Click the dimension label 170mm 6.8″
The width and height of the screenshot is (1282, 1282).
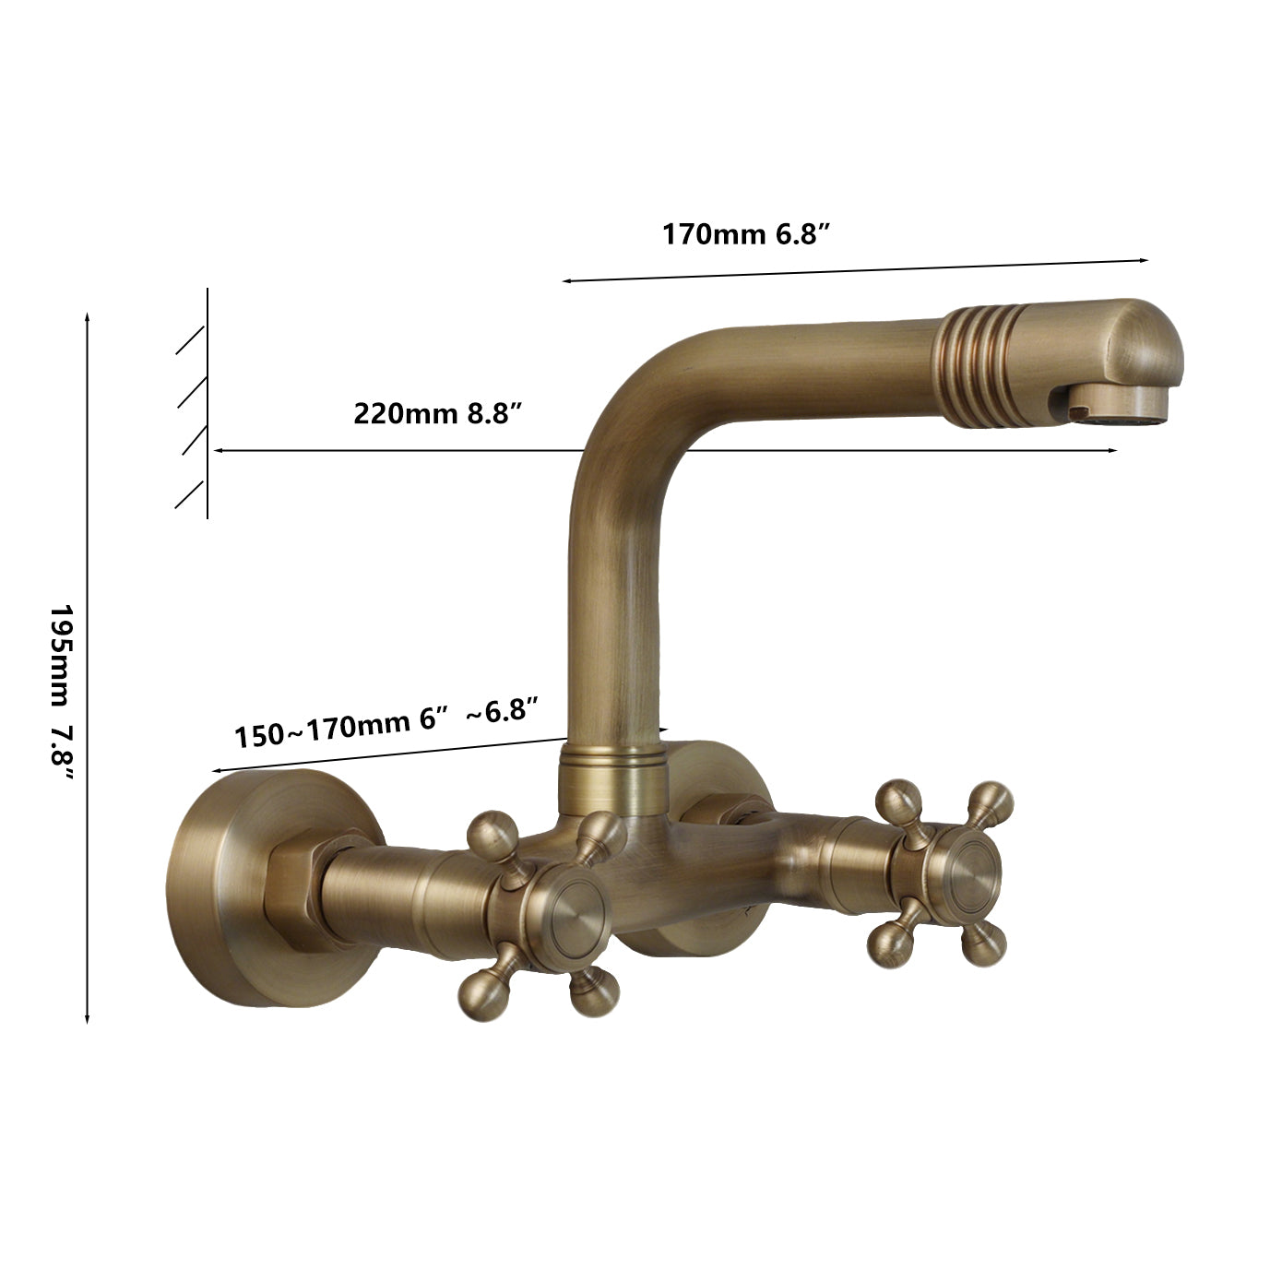[746, 234]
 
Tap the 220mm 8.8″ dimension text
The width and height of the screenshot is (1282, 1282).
[436, 413]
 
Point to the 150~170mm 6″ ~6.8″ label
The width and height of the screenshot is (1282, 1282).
[386, 722]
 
